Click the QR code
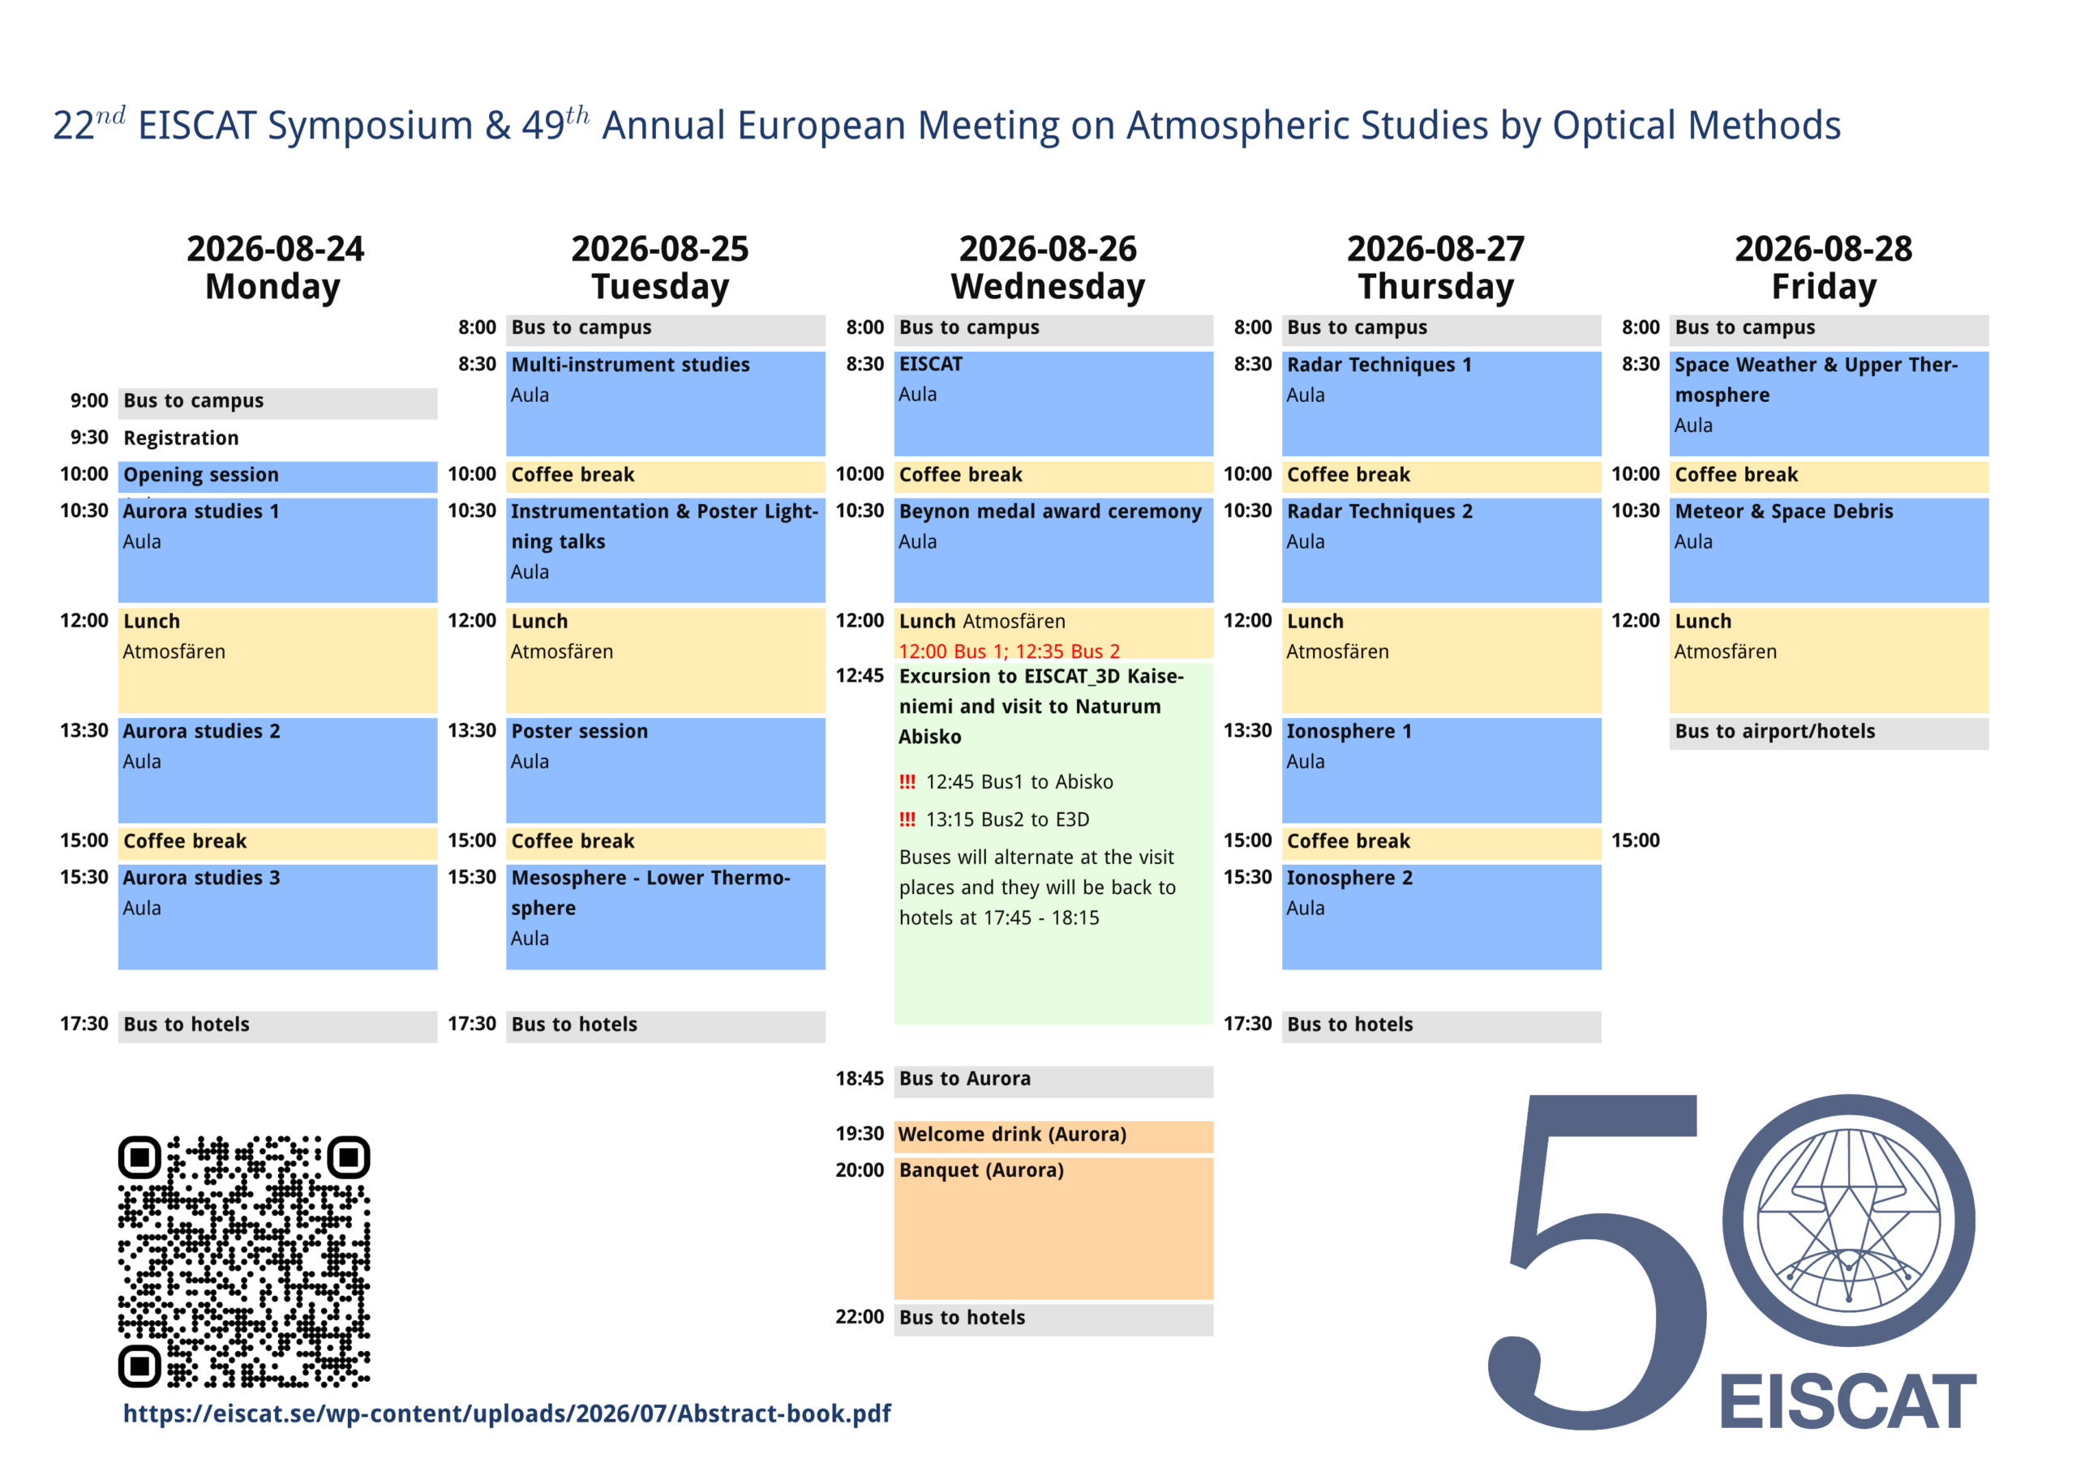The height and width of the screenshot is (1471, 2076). pyautogui.click(x=244, y=1261)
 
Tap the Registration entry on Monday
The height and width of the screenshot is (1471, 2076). pyautogui.click(x=181, y=438)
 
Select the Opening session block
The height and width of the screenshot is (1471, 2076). pyautogui.click(x=277, y=477)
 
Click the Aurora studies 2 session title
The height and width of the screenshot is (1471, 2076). pyautogui.click(x=201, y=731)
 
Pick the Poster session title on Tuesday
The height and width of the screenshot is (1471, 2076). pyautogui.click(x=580, y=731)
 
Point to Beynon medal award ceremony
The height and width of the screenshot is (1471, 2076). pyautogui.click(x=1050, y=511)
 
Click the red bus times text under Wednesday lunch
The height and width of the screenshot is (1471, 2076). pyautogui.click(x=1010, y=652)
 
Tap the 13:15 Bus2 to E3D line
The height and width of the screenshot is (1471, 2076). pyautogui.click(x=1008, y=819)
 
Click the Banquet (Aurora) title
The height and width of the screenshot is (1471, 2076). pyautogui.click(x=981, y=1170)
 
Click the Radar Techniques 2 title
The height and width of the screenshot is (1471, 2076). pyautogui.click(x=1380, y=511)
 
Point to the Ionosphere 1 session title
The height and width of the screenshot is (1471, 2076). pyautogui.click(x=1349, y=731)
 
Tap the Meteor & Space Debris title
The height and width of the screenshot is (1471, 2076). pyautogui.click(x=1784, y=511)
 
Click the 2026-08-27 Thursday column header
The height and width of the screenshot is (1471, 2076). pyautogui.click(x=1436, y=267)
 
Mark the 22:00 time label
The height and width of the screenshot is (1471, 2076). pyautogui.click(x=859, y=1317)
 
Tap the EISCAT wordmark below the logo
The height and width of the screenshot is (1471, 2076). pyautogui.click(x=1847, y=1400)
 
